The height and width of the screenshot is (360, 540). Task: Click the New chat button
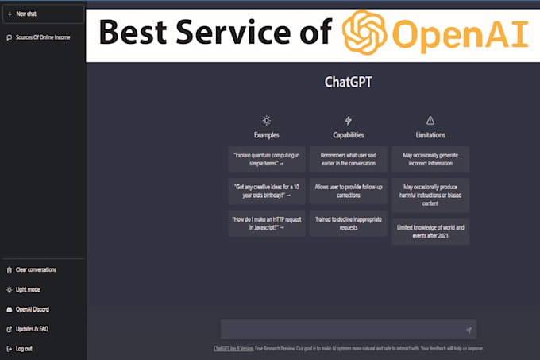pos(41,14)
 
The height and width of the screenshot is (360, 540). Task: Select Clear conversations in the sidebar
pos(36,269)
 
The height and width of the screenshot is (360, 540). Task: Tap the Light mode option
pos(28,289)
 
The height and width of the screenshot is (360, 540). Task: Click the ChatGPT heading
pos(349,82)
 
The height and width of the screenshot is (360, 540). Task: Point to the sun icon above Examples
pos(266,120)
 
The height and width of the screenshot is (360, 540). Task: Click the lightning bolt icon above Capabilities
pos(348,120)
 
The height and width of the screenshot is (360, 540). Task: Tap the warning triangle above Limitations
pos(430,120)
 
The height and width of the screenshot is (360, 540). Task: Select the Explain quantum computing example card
pos(266,159)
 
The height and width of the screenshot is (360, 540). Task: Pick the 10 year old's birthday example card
pos(266,191)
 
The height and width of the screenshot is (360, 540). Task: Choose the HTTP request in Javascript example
pos(266,223)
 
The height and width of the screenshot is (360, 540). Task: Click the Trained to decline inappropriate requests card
pos(348,223)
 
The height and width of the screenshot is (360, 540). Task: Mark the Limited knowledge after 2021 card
pos(430,231)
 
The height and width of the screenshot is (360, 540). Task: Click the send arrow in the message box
pos(469,330)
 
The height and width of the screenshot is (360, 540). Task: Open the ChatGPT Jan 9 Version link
pos(233,348)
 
